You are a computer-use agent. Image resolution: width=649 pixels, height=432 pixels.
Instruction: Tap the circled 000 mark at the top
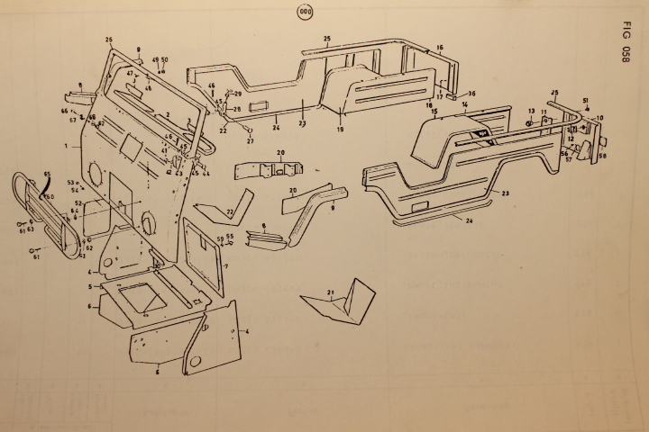coord(304,11)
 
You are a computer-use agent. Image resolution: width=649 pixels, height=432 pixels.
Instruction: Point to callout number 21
coord(331,293)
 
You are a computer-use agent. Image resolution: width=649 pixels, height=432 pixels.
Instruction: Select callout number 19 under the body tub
coord(341,130)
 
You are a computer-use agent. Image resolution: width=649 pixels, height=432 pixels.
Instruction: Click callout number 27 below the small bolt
coord(250,141)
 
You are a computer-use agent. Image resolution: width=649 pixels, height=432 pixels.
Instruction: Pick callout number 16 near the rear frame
coord(440,47)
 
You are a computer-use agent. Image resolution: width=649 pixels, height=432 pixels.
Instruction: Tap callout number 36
coord(471,94)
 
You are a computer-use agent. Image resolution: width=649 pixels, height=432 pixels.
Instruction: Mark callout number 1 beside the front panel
coord(66,145)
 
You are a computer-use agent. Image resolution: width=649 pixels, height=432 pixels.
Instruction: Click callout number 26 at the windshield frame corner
coord(109,40)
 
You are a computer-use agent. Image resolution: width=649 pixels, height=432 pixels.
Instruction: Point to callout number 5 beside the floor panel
coord(89,286)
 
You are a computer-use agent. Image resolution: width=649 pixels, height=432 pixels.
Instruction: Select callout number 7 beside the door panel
coord(225,266)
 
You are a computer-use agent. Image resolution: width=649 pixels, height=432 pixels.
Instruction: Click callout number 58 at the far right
coord(602,156)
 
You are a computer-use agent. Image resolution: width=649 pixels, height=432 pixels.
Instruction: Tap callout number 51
coord(585,101)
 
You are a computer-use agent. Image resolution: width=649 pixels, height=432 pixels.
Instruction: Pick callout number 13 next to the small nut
coord(532,112)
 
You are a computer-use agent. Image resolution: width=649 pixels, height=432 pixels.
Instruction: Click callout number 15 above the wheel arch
coord(434,112)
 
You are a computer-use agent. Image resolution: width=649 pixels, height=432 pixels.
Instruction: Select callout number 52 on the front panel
coord(78,204)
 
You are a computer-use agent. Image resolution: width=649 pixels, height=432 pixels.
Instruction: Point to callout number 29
coord(238,94)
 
